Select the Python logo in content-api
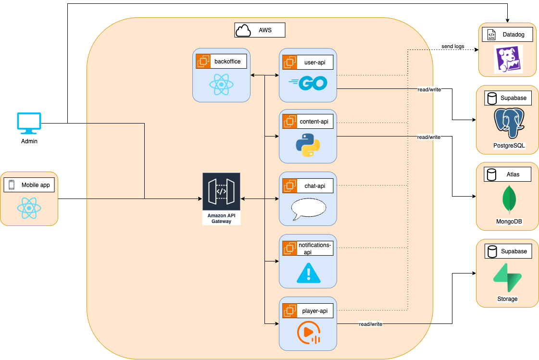point(308,145)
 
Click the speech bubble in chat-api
point(308,208)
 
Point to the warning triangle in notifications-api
point(308,273)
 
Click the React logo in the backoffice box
point(221,85)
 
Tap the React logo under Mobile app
point(29,208)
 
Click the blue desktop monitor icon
point(29,123)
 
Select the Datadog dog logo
point(508,60)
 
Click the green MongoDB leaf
point(509,199)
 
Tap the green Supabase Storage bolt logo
point(507,277)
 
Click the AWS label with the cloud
point(260,30)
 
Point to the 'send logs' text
point(452,46)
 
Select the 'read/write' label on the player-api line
point(370,324)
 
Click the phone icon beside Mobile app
point(12,185)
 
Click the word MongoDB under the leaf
point(509,222)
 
